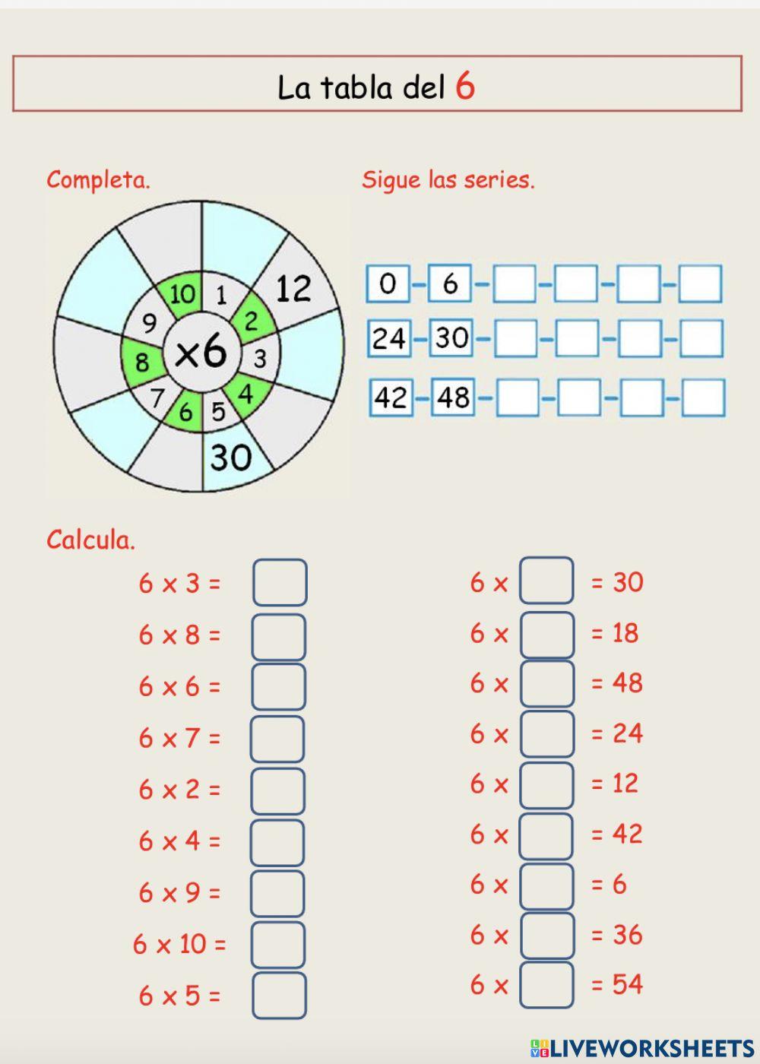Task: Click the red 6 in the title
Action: [x=465, y=86]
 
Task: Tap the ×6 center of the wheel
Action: [x=201, y=352]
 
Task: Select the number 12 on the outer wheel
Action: [x=293, y=289]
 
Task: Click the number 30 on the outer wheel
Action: [x=230, y=458]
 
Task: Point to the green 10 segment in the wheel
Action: [x=182, y=294]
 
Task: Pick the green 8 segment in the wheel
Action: [x=142, y=362]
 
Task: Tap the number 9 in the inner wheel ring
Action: [x=150, y=323]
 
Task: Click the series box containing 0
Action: [x=388, y=284]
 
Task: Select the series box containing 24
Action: [x=388, y=338]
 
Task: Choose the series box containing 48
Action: [x=453, y=397]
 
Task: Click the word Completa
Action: [x=98, y=180]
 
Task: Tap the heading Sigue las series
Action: [x=448, y=180]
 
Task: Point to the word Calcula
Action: [x=90, y=540]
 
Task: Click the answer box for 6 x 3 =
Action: [x=280, y=583]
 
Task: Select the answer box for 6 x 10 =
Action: [x=278, y=945]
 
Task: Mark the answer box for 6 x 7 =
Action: [x=277, y=739]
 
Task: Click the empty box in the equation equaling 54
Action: [x=546, y=986]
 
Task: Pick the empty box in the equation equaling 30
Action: [x=546, y=581]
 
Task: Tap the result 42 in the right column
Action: [x=627, y=834]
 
